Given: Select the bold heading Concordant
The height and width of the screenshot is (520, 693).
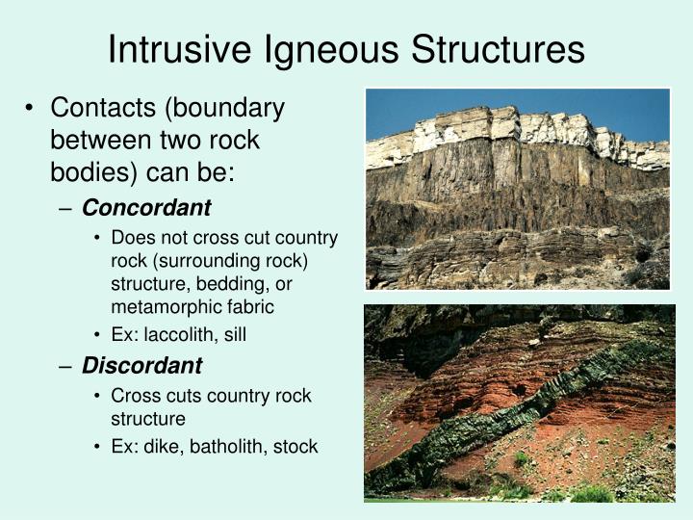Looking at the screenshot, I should (x=146, y=208).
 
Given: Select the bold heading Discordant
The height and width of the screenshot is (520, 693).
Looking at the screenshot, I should (x=141, y=366).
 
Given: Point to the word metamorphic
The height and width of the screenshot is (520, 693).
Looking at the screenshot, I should (x=163, y=307).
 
